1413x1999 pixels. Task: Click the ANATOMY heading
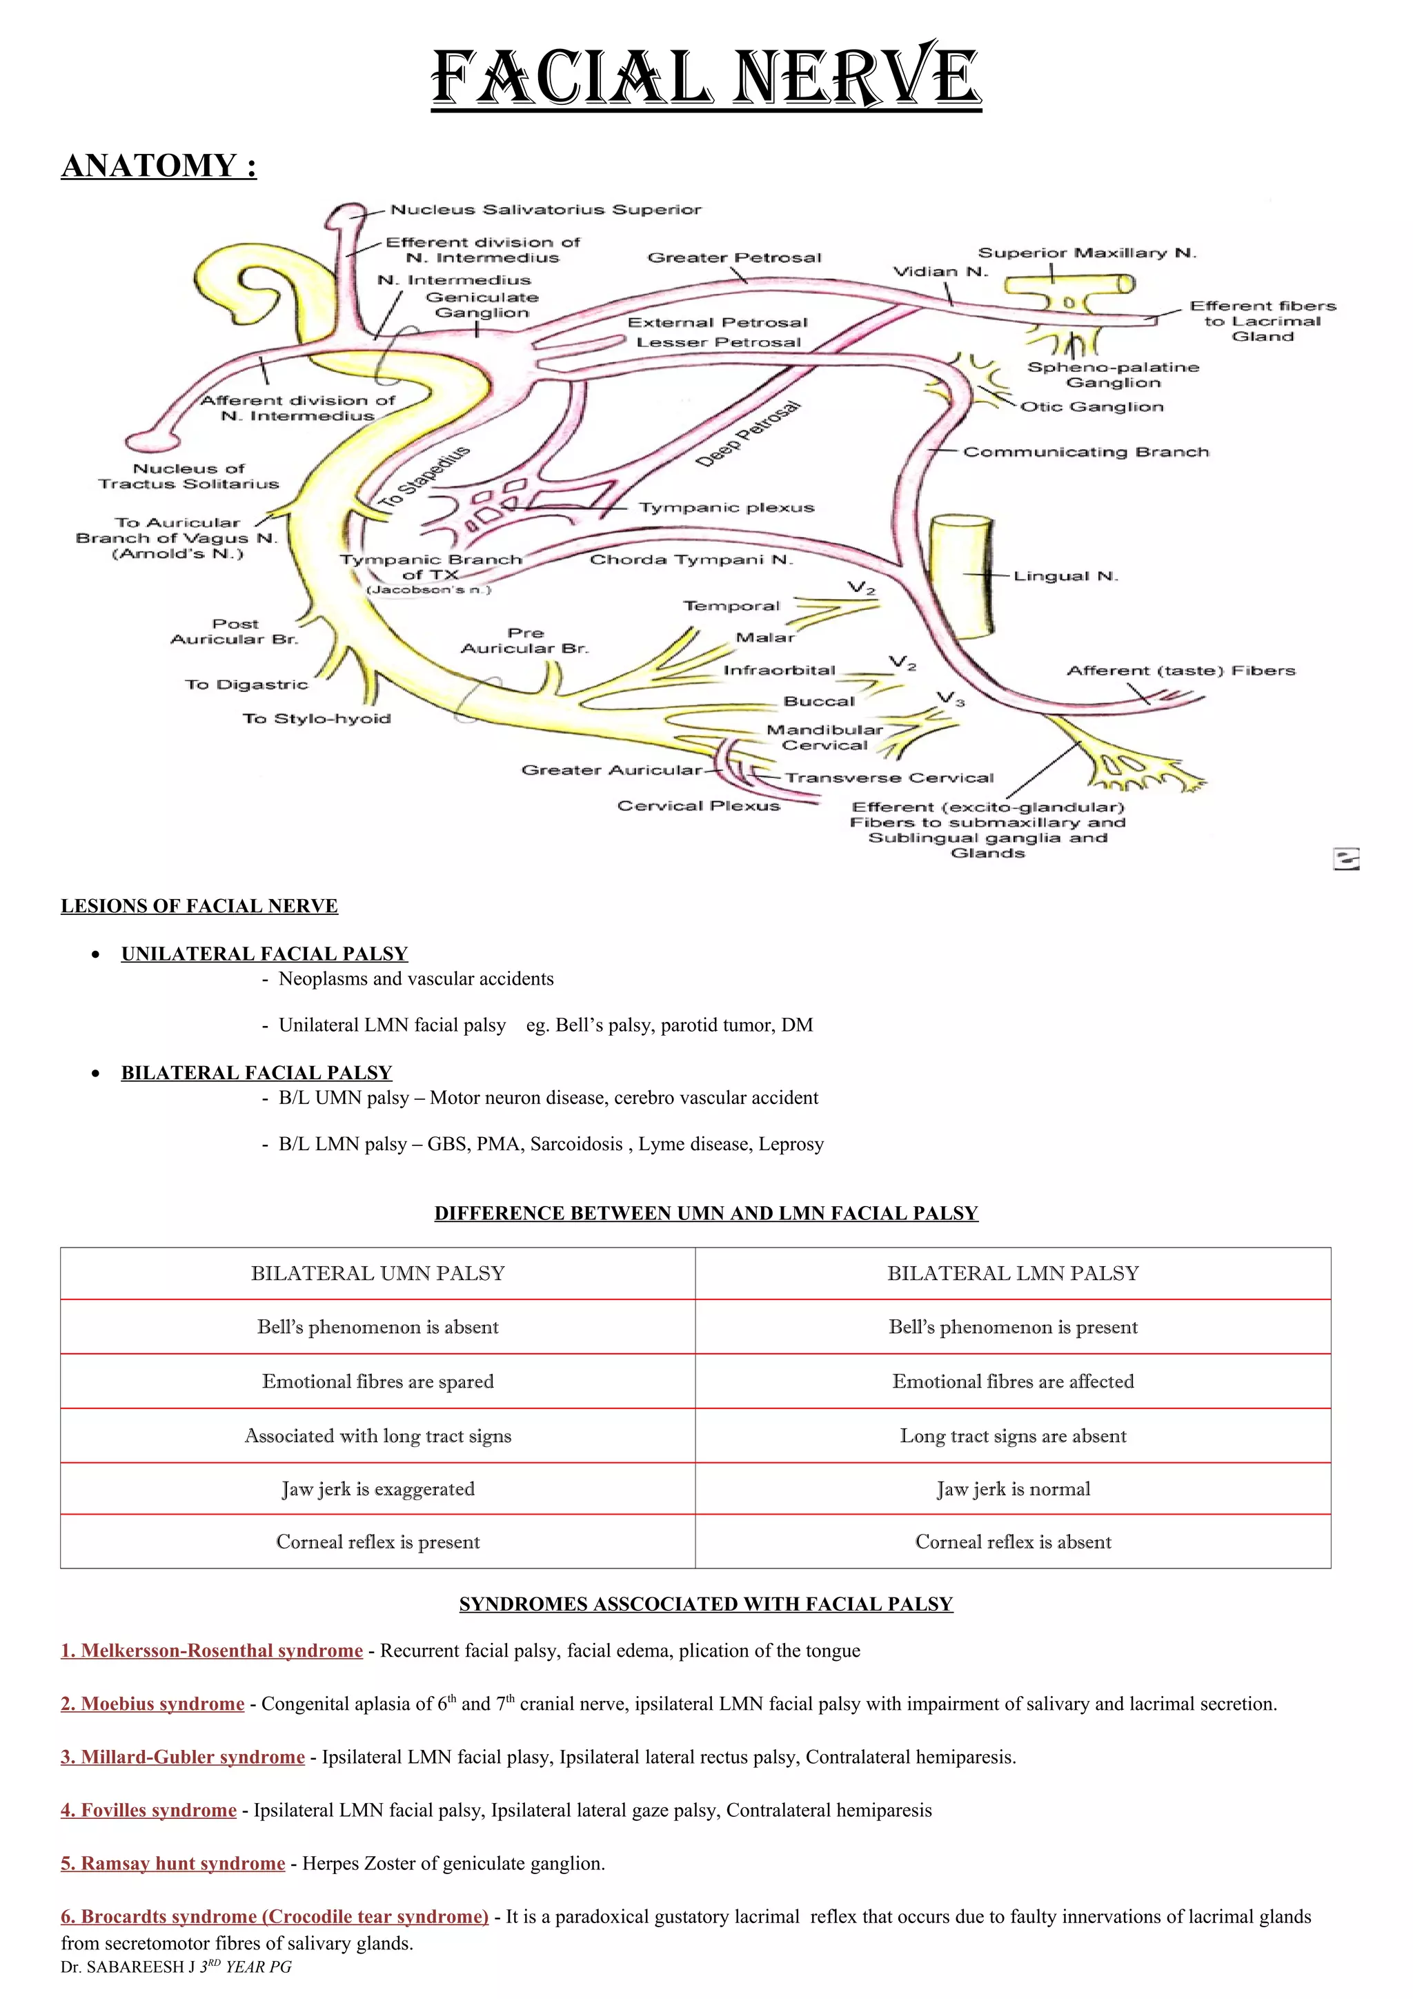(x=159, y=166)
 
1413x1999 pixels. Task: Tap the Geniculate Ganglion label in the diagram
(x=482, y=305)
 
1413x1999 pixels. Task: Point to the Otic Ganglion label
(x=1091, y=406)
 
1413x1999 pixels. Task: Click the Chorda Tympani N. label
(x=691, y=559)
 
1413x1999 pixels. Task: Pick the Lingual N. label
(x=1065, y=575)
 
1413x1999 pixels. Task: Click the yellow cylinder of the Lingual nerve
(x=961, y=575)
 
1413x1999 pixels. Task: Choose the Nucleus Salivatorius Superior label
(x=545, y=210)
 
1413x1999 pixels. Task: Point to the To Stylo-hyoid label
(x=316, y=718)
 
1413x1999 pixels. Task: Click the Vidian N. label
(x=940, y=272)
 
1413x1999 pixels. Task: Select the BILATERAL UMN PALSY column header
(x=378, y=1273)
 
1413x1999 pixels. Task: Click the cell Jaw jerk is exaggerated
(x=378, y=1489)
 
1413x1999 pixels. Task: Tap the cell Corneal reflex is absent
(x=1013, y=1542)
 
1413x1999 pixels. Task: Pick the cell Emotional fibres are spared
(x=378, y=1381)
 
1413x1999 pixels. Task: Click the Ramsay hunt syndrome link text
(x=173, y=1863)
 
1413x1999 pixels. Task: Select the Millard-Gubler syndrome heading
(x=183, y=1757)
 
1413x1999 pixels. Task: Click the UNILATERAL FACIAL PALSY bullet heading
(x=265, y=954)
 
